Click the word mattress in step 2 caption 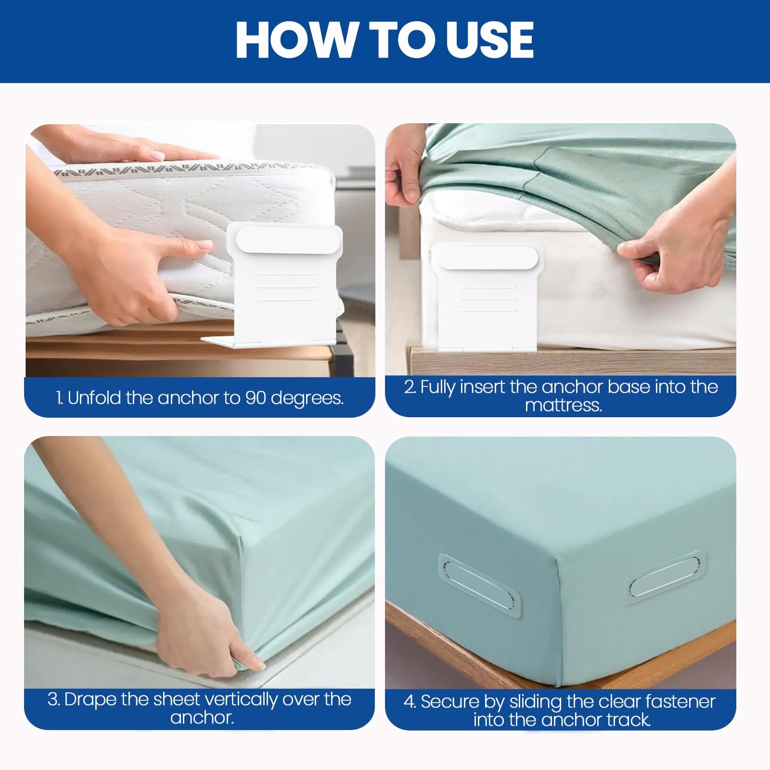[x=563, y=405]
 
